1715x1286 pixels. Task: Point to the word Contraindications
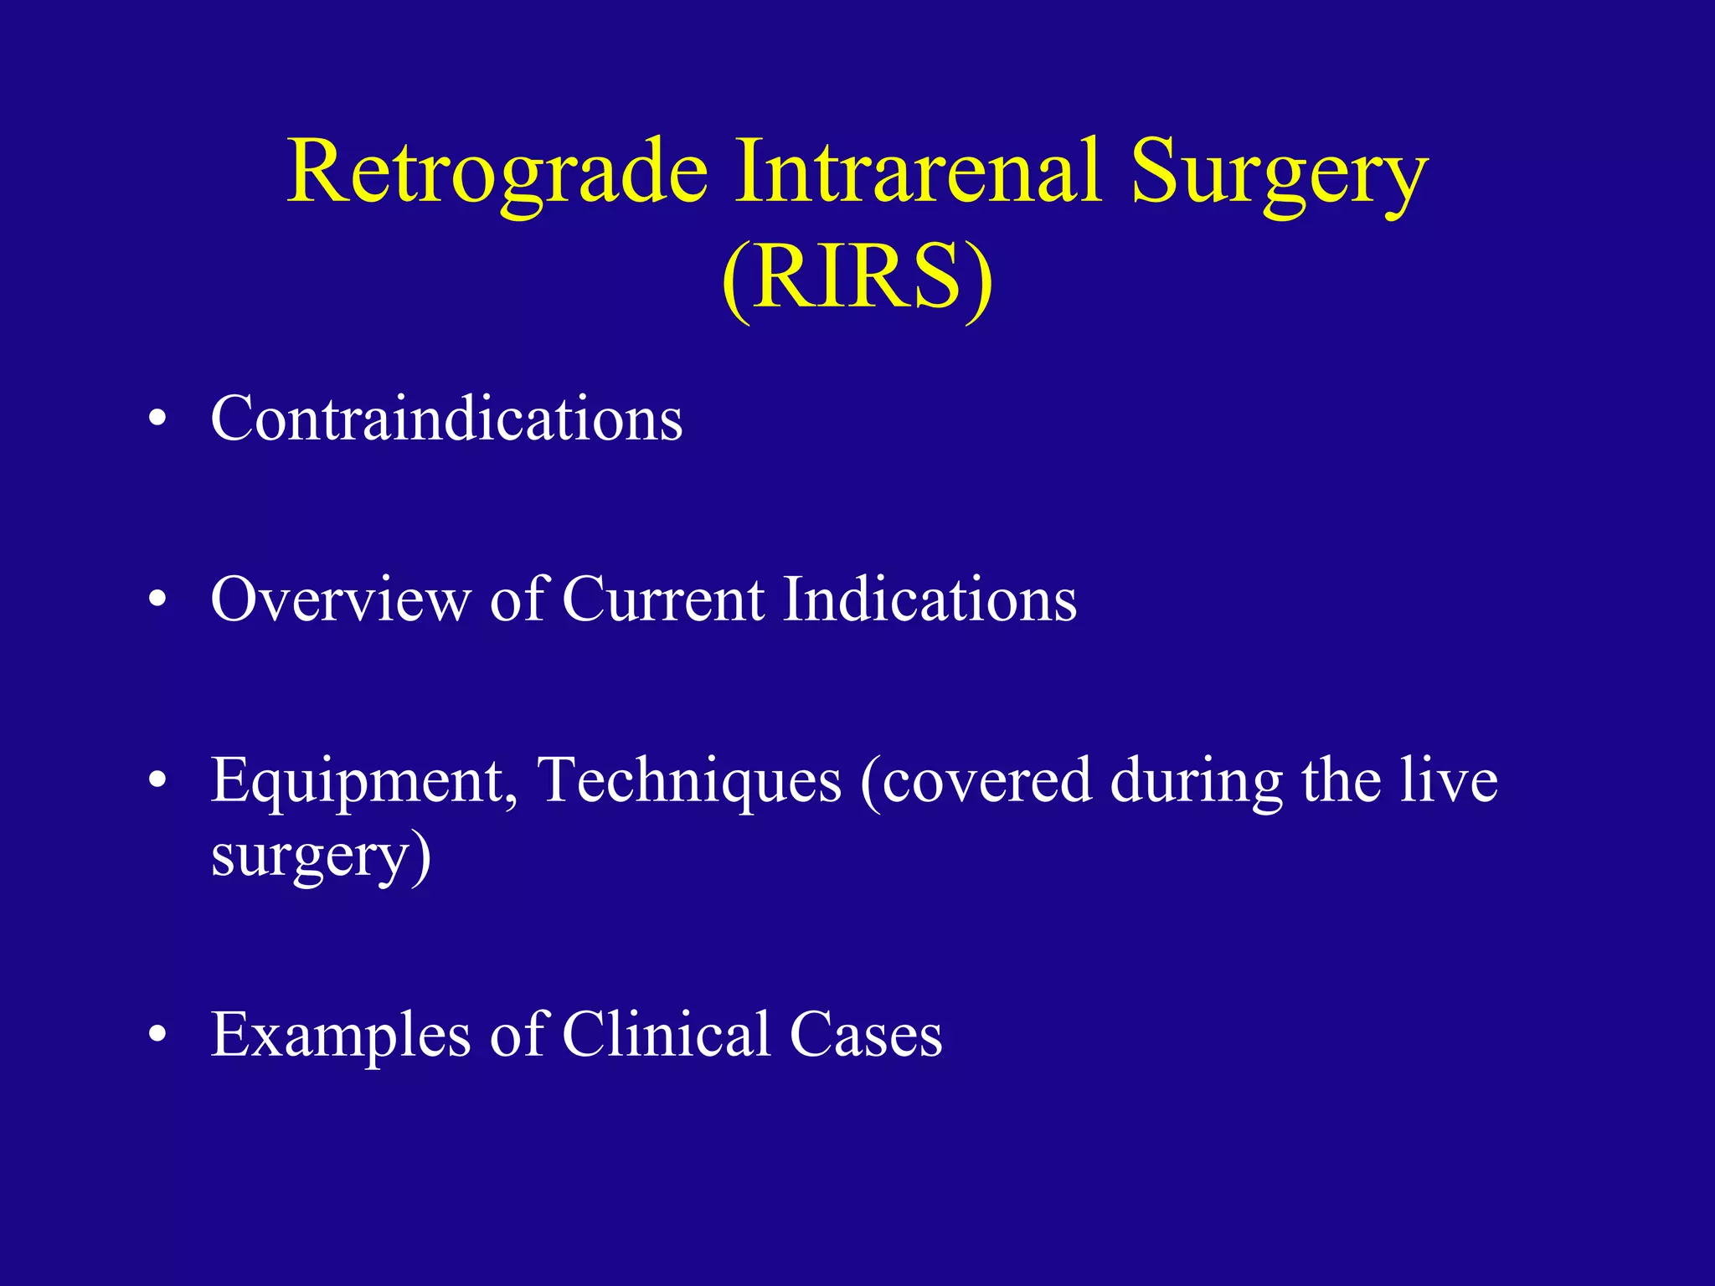point(446,418)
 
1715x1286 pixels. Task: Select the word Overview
point(340,599)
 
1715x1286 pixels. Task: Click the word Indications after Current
point(930,599)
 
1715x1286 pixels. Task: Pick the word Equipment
point(363,780)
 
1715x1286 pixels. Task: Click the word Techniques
point(688,780)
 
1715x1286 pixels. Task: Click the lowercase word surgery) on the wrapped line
point(321,856)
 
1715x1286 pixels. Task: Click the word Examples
point(340,1036)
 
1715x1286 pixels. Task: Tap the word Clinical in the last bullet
point(666,1034)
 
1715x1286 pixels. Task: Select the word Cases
point(866,1036)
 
